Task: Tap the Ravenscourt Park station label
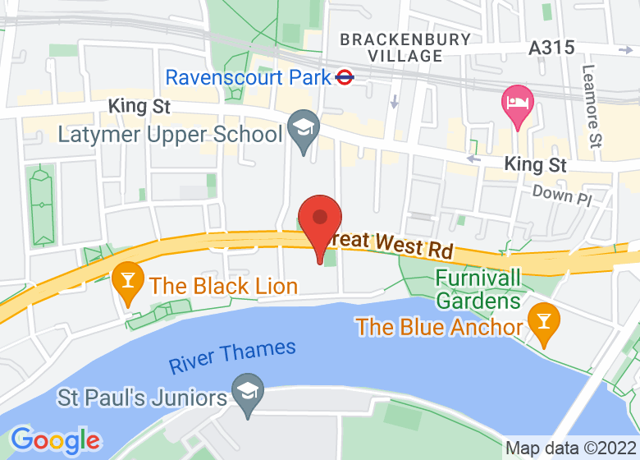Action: pyautogui.click(x=248, y=78)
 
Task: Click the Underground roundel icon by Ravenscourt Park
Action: pyautogui.click(x=345, y=78)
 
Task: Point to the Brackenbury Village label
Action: pyautogui.click(x=405, y=48)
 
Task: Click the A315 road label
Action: pyautogui.click(x=551, y=48)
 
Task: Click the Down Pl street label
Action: pyautogui.click(x=561, y=195)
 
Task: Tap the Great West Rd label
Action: pyautogui.click(x=391, y=244)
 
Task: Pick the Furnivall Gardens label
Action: pyautogui.click(x=478, y=288)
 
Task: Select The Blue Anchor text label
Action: pyautogui.click(x=439, y=327)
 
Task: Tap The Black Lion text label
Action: pyautogui.click(x=223, y=286)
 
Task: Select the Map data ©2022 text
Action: pyautogui.click(x=569, y=448)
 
